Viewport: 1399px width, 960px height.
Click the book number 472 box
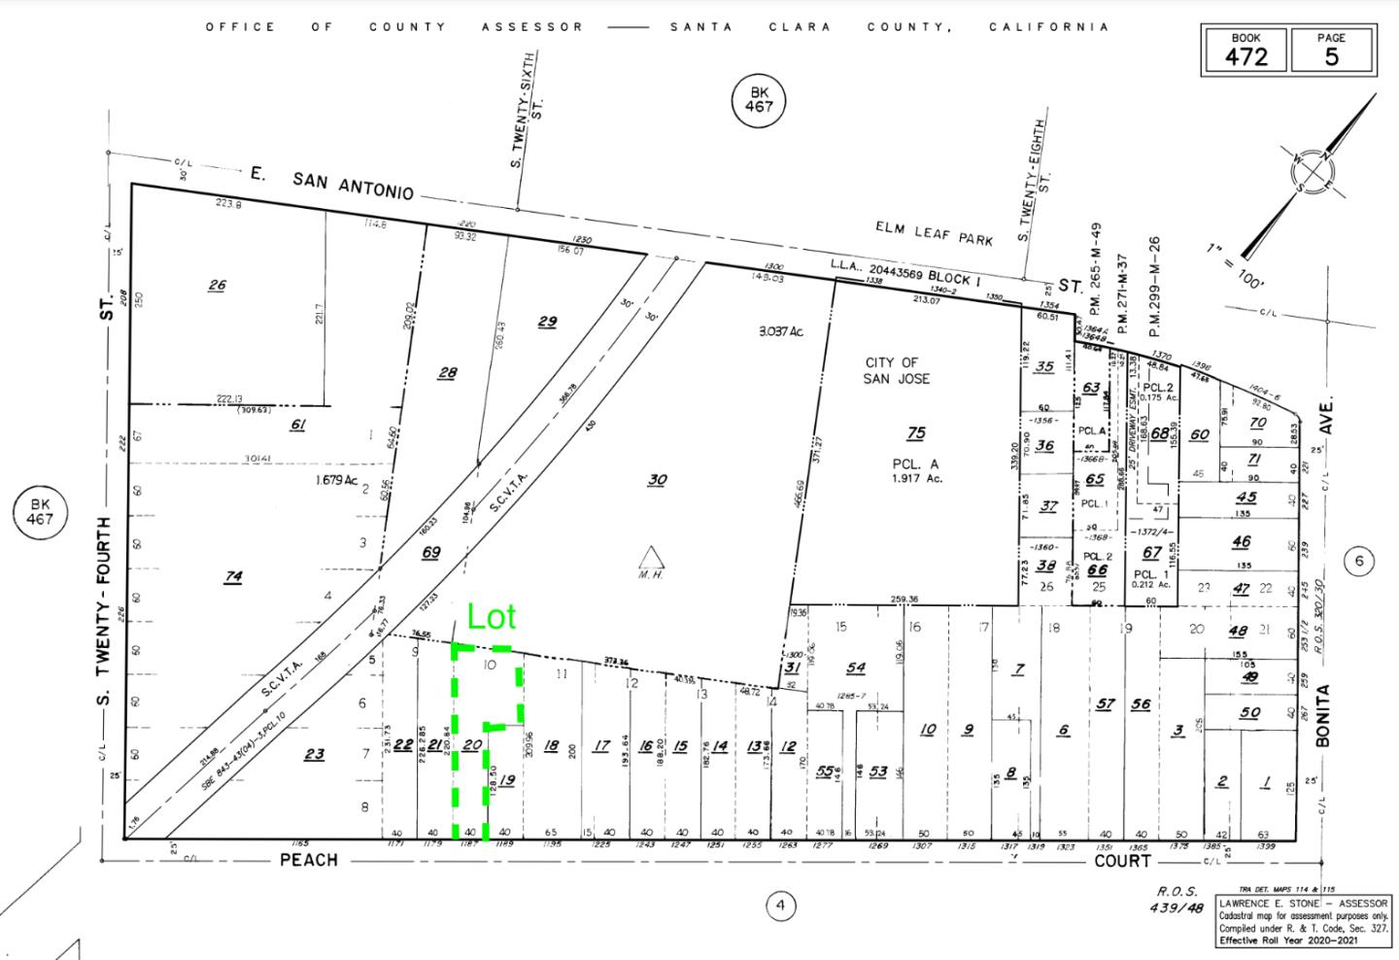[x=1245, y=51]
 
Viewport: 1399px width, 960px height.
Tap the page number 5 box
[x=1331, y=51]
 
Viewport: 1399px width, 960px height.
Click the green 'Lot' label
[x=492, y=617]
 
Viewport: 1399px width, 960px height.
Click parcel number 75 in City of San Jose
[x=916, y=433]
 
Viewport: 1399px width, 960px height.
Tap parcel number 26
[x=217, y=285]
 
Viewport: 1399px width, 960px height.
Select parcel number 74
[x=233, y=576]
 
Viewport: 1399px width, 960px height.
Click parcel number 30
[x=658, y=479]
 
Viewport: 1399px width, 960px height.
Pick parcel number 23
[x=314, y=753]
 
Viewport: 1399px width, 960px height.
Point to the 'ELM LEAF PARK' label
[x=934, y=233]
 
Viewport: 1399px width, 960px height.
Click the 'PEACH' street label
[x=309, y=860]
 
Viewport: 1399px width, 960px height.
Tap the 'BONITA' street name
[x=1322, y=715]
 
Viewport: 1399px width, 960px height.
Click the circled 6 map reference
[x=1359, y=561]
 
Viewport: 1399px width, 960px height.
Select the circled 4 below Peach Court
[x=780, y=907]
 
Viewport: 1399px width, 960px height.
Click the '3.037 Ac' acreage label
[x=782, y=331]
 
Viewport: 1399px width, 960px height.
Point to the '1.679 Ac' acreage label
[x=336, y=480]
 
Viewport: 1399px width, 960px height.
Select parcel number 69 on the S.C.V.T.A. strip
[x=430, y=552]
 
